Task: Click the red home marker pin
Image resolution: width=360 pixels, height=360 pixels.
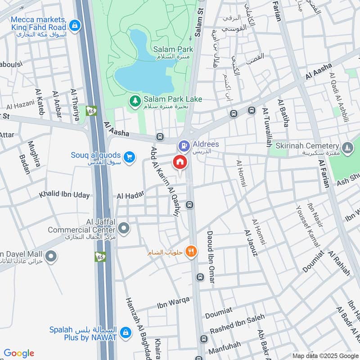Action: [x=180, y=162]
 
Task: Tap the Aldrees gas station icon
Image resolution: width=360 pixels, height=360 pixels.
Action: [x=184, y=145]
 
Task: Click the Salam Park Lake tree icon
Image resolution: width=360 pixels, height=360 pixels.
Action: [x=134, y=99]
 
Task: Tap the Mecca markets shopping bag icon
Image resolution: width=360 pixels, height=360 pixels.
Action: [x=75, y=25]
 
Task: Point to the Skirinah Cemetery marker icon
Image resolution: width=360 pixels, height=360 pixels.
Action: [x=347, y=147]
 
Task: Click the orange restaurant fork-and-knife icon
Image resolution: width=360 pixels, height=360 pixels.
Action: [x=192, y=252]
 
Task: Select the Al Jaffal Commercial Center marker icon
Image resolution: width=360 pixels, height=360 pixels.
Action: [x=125, y=229]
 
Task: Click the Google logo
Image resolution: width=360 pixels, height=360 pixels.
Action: [x=19, y=353]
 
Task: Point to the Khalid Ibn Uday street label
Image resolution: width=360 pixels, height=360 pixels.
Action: [x=64, y=195]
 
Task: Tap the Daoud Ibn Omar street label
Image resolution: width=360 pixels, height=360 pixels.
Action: [x=210, y=257]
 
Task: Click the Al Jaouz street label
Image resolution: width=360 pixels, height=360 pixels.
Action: [x=251, y=243]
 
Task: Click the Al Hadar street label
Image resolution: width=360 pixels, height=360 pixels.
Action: [x=130, y=194]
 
